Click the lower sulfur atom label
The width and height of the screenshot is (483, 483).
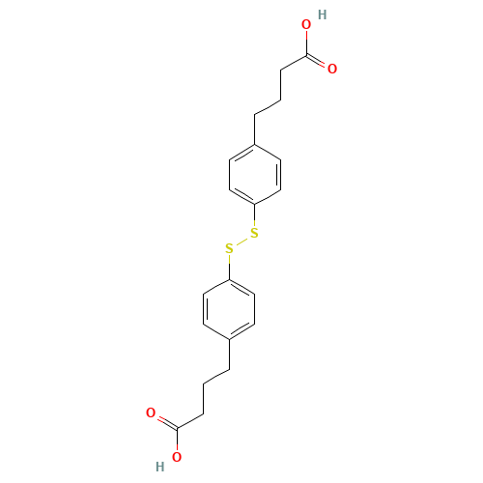point(229,249)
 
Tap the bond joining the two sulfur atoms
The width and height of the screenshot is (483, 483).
point(241,241)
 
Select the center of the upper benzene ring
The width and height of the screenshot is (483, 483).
point(255,174)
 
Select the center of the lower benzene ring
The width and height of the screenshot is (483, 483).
point(228,309)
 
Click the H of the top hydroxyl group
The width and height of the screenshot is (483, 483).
point(322,15)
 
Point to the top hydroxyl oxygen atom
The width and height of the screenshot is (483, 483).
point(306,24)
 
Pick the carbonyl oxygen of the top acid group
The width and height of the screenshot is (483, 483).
point(332,69)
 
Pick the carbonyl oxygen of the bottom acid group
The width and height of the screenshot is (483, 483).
point(151,413)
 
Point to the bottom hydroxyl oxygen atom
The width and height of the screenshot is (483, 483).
point(177,458)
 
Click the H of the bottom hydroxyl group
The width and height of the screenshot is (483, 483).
point(160,467)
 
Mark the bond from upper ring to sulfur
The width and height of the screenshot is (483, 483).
point(255,217)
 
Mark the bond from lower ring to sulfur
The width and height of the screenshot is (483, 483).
point(229,266)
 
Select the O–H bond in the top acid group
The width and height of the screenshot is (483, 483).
point(314,20)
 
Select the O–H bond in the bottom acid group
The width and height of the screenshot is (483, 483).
point(169,463)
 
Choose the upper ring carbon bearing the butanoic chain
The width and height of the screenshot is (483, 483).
point(255,144)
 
